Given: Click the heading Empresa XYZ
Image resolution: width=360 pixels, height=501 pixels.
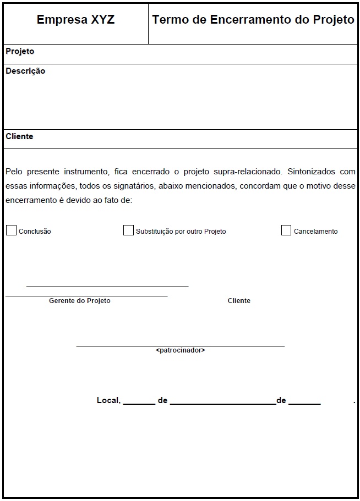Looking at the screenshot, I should pyautogui.click(x=75, y=20).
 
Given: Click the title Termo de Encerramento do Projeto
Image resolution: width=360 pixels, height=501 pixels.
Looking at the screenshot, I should pyautogui.click(x=253, y=20).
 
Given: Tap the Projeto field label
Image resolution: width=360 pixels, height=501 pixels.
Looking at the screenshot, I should pyautogui.click(x=20, y=51).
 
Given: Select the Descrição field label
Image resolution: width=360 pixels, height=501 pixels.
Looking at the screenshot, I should pyautogui.click(x=25, y=71).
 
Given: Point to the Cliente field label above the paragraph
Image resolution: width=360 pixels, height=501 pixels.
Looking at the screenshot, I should pyautogui.click(x=19, y=136).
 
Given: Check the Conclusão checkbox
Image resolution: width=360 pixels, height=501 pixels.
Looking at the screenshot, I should pyautogui.click(x=11, y=230).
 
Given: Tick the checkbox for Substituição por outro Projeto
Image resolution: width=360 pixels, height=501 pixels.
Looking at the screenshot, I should pyautogui.click(x=128, y=230).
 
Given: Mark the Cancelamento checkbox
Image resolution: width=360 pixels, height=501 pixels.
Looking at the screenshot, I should pyautogui.click(x=286, y=230).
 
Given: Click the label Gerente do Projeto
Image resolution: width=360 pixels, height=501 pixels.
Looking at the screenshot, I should pyautogui.click(x=79, y=301).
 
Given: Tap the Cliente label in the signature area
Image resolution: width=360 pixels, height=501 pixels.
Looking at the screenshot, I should pyautogui.click(x=239, y=301).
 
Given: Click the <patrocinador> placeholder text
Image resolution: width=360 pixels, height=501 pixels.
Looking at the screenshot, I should pyautogui.click(x=180, y=350).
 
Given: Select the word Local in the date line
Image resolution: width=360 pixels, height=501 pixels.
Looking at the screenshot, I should pyautogui.click(x=108, y=400).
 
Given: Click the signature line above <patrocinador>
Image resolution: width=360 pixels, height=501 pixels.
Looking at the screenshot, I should pyautogui.click(x=180, y=346).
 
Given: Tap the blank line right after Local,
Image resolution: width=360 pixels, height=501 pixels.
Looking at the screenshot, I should pyautogui.click(x=139, y=403).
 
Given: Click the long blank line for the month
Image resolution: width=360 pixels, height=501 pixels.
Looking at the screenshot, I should pyautogui.click(x=222, y=403).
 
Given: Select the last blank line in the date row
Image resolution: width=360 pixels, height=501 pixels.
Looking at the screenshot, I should pyautogui.click(x=304, y=403).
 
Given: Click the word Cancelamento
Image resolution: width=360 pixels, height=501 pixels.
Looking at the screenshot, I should pyautogui.click(x=315, y=232).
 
